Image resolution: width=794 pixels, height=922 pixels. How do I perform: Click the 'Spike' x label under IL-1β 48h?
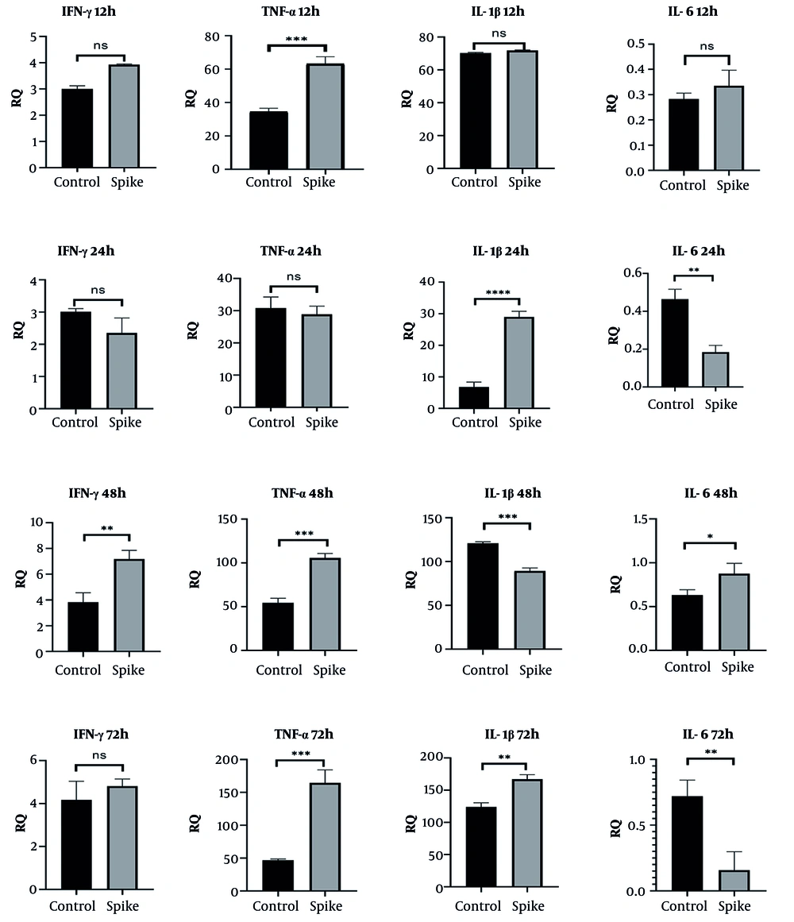coord(536,671)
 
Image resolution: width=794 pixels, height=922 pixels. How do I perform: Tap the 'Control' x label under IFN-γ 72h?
coord(73,906)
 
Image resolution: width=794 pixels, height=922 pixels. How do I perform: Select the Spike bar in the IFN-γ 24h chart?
coord(122,371)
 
